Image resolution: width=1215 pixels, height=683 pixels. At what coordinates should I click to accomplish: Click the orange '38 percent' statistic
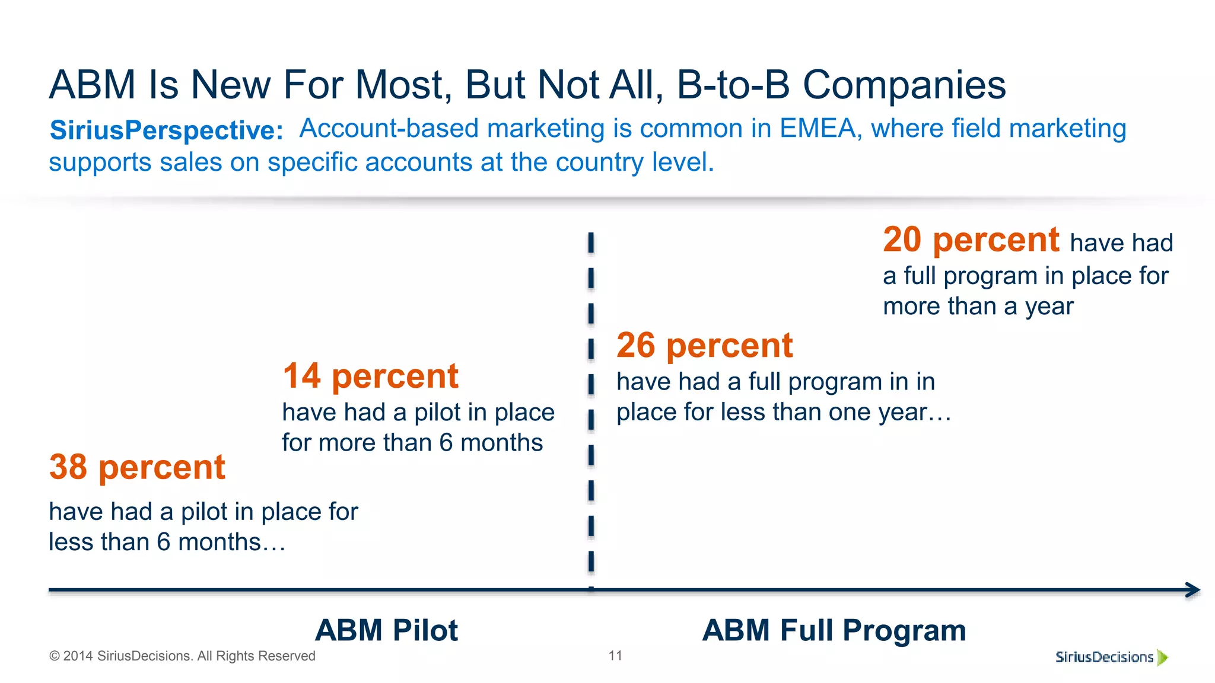tap(137, 467)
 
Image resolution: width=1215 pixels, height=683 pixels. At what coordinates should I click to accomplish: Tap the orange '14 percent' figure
tap(370, 376)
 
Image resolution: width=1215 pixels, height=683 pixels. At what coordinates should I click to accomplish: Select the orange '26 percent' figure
tap(704, 345)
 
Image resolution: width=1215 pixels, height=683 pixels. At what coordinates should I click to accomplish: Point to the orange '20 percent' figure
tap(971, 240)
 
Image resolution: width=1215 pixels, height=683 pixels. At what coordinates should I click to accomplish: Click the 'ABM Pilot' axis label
tap(386, 630)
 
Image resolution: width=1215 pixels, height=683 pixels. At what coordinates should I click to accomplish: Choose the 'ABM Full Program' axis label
tap(834, 630)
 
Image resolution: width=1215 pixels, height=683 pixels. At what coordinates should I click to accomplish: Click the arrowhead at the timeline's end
tap(1193, 590)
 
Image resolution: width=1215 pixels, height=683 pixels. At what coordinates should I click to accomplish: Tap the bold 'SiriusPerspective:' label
tap(167, 130)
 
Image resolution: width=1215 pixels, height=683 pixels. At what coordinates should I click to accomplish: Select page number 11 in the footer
tap(615, 656)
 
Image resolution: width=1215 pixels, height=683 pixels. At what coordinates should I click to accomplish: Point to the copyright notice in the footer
tap(182, 656)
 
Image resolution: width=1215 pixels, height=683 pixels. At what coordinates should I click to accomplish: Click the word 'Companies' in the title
tap(904, 84)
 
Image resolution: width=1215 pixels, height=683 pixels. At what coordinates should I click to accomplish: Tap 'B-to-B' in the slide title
tap(733, 84)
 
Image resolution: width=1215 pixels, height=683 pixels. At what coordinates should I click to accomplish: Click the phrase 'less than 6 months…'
tap(167, 542)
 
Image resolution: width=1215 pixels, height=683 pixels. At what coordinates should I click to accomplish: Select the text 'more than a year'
tap(978, 307)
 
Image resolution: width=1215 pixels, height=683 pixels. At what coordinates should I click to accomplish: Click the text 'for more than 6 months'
tap(412, 443)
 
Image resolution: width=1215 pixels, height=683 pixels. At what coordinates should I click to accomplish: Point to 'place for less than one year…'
tap(783, 412)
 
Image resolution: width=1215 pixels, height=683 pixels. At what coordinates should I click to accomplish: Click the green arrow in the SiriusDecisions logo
tap(1162, 657)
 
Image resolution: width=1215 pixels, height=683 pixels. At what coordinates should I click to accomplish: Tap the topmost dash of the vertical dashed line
tap(591, 243)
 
